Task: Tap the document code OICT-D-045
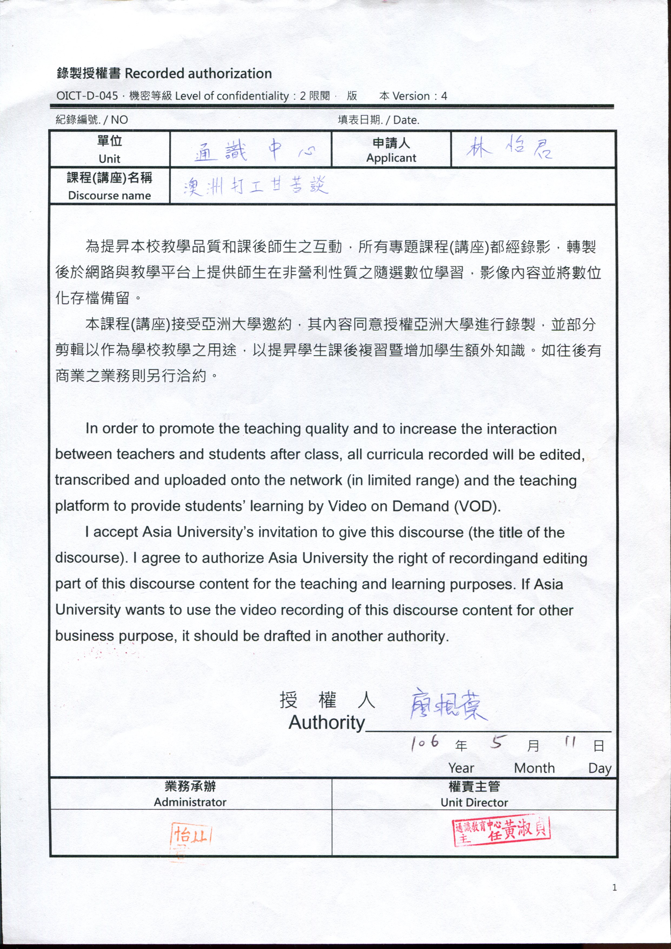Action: (x=87, y=96)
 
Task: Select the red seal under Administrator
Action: (x=191, y=835)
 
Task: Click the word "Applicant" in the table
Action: (x=391, y=158)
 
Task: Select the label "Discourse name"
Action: (x=110, y=196)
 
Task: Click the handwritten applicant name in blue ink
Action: (x=509, y=149)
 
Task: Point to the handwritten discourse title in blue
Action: (x=256, y=186)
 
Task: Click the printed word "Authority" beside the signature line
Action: (x=327, y=722)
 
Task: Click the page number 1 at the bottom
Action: (x=614, y=887)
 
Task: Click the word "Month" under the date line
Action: (x=534, y=768)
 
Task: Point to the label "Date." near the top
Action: (x=406, y=120)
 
